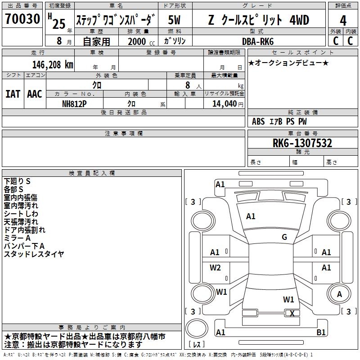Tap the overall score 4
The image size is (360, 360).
tap(343, 20)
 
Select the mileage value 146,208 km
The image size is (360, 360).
tap(53, 64)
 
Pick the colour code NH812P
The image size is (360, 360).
tap(75, 103)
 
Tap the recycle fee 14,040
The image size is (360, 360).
tap(224, 103)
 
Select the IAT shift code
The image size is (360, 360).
tap(13, 94)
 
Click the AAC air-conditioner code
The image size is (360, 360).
tap(35, 94)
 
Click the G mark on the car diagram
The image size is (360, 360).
tap(284, 237)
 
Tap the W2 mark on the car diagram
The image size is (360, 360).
tap(216, 268)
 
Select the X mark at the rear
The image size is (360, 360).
tap(292, 314)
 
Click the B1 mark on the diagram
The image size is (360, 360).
tap(321, 333)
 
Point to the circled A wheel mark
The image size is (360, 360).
tap(340, 294)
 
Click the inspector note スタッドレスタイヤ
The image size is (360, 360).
tap(34, 254)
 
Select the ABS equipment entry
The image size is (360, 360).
tap(258, 121)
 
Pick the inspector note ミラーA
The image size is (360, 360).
tap(17, 238)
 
